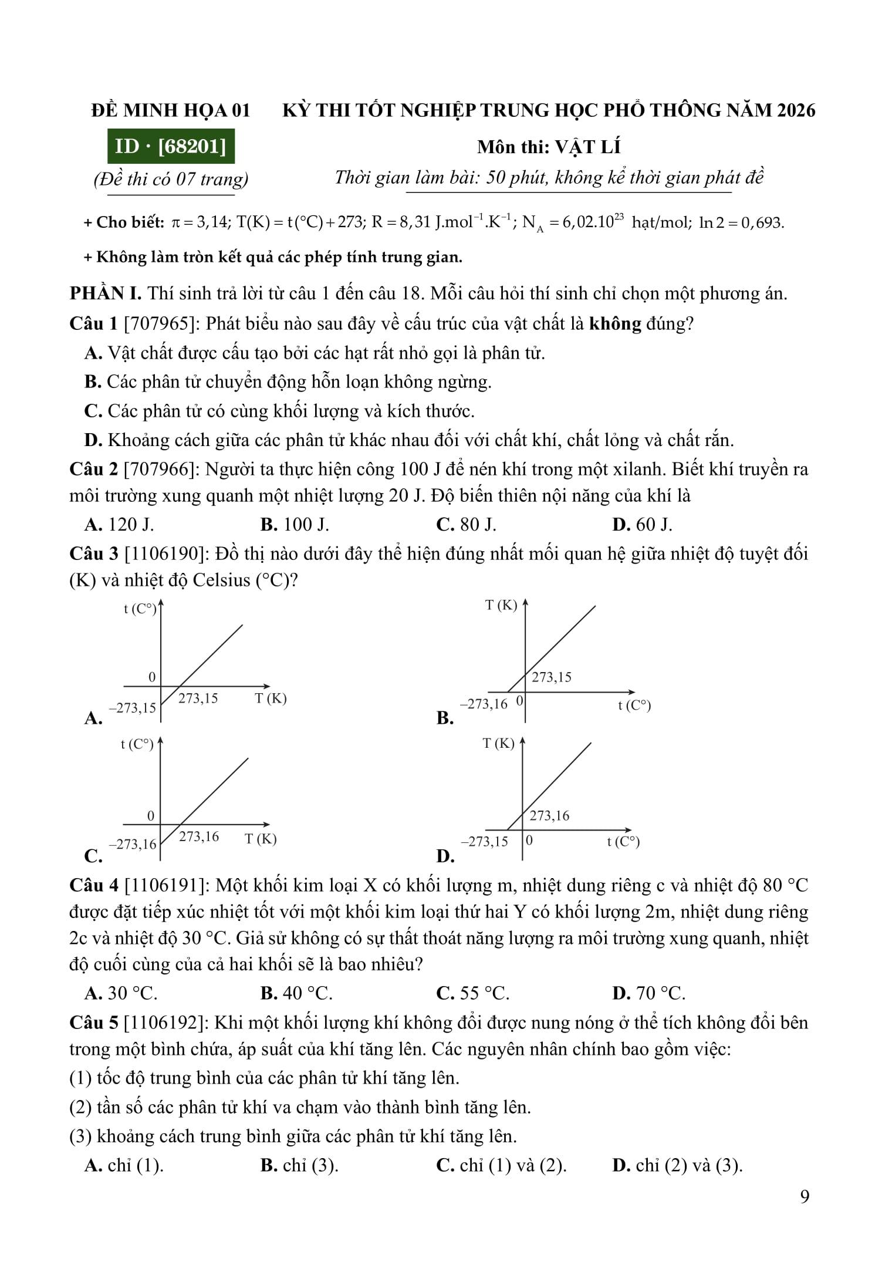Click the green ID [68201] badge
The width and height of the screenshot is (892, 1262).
coord(171,146)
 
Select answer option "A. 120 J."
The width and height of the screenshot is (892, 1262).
coord(119,525)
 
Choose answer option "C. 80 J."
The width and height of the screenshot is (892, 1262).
coord(466,525)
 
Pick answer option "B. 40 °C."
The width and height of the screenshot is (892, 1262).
coord(296,993)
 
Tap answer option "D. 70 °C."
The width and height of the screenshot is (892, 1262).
coord(648,993)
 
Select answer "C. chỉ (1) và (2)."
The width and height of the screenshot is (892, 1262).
coord(501,1165)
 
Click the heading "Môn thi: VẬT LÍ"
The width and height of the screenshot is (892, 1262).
coord(549,147)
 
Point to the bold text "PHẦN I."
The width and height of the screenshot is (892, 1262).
coord(106,293)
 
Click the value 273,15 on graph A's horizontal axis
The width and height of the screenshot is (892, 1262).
coord(198,699)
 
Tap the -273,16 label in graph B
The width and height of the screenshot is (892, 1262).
coord(484,704)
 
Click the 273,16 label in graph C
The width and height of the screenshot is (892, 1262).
coord(199,836)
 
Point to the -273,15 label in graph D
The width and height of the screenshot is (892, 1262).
coord(485,842)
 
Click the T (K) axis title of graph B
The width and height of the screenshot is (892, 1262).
coord(501,605)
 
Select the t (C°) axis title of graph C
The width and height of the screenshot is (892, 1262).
coord(137,745)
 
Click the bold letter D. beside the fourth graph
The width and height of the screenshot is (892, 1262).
coord(445,856)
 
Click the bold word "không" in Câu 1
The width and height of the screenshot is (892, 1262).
coord(615,323)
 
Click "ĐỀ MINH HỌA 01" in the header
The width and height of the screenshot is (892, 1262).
coord(171,110)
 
